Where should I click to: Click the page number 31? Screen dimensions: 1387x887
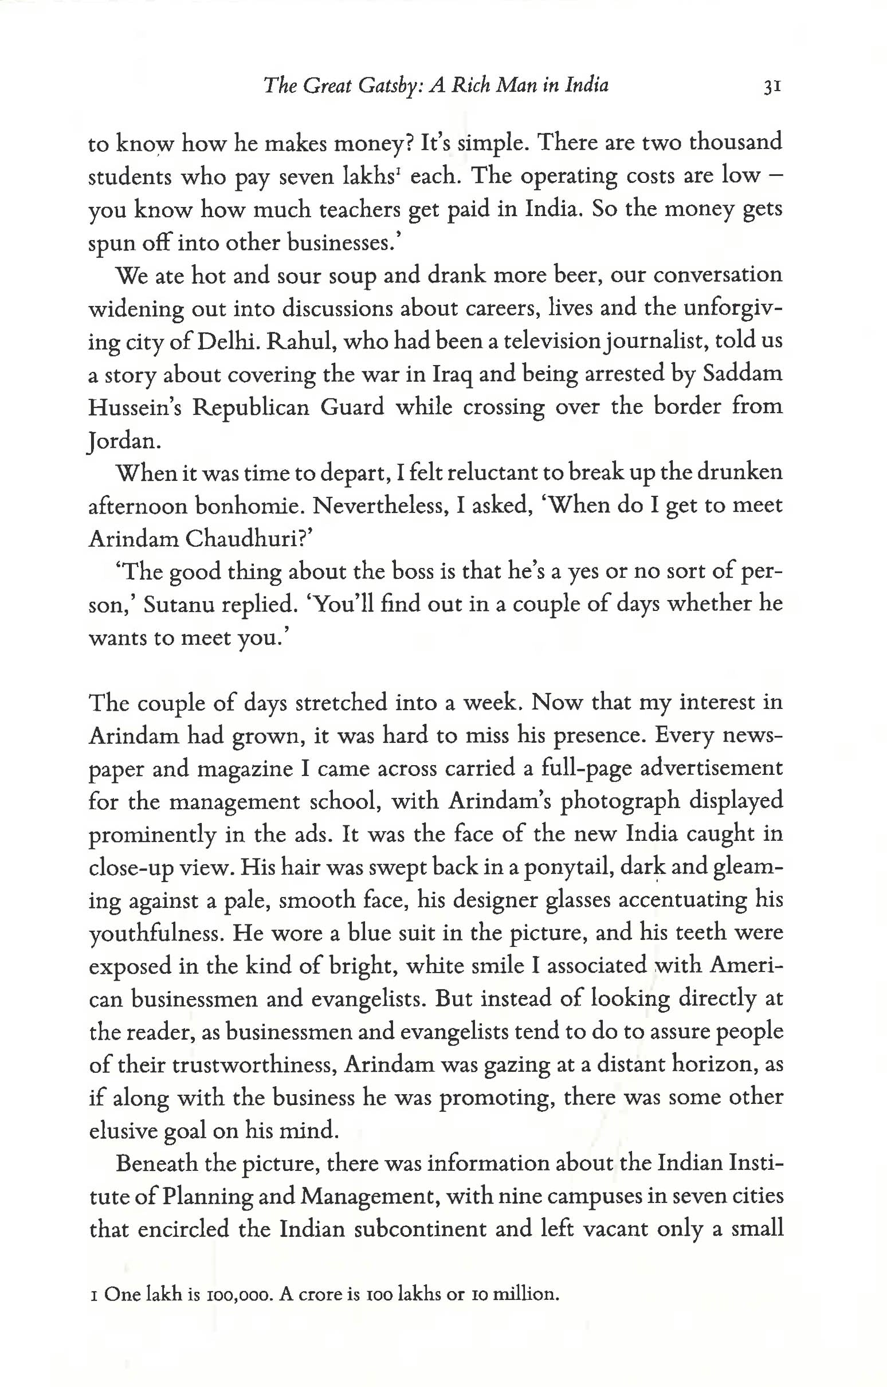(771, 87)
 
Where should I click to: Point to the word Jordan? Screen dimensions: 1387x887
(121, 441)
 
